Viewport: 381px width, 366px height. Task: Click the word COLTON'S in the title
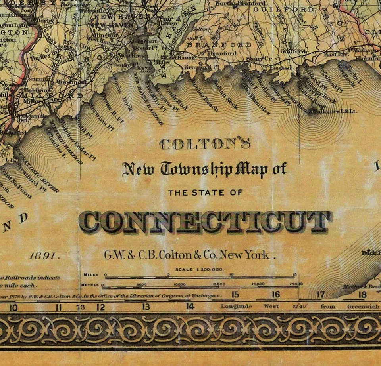coord(204,145)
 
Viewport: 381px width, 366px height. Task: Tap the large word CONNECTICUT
coord(205,222)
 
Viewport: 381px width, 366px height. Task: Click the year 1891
coord(45,256)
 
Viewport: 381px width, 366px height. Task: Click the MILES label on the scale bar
coord(91,274)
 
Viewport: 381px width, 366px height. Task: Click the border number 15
coord(235,294)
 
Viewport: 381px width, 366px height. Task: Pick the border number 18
coord(362,294)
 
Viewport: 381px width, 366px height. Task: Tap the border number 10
coord(13,307)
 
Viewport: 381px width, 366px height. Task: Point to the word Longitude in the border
coord(237,306)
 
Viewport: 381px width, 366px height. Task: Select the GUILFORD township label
coord(283,9)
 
